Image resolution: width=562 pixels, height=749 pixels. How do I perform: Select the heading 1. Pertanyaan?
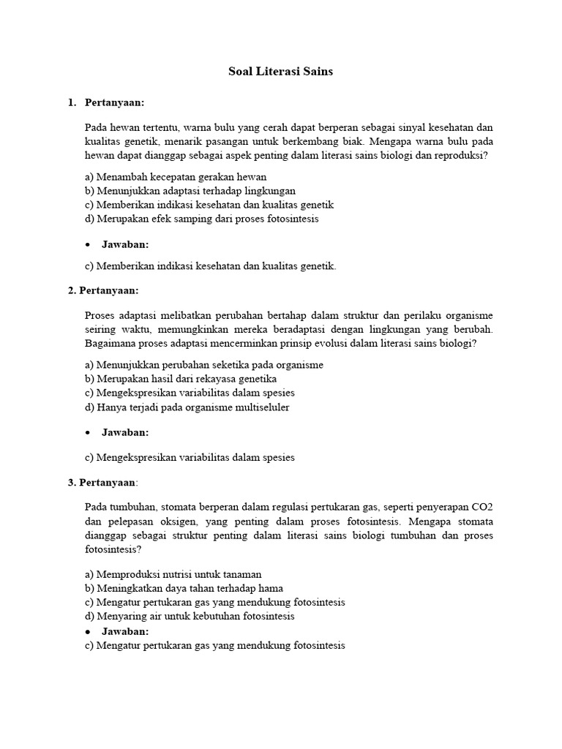(x=106, y=102)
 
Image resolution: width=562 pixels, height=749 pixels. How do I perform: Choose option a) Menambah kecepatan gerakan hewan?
(x=176, y=177)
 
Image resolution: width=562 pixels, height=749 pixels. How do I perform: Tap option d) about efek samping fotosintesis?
(x=202, y=219)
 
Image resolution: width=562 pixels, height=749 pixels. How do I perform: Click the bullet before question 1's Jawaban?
(x=88, y=244)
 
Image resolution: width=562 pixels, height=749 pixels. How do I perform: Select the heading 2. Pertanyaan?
(x=103, y=290)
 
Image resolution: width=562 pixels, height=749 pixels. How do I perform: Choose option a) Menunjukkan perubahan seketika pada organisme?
(x=204, y=365)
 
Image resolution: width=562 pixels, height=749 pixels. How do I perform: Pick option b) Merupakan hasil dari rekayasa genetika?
(x=181, y=379)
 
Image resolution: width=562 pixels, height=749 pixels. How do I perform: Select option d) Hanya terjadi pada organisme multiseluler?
(x=187, y=407)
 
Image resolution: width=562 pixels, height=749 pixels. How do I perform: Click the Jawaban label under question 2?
(x=125, y=432)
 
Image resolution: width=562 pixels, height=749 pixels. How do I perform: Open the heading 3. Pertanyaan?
(x=103, y=482)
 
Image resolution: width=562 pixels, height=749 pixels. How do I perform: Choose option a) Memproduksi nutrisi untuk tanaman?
(x=173, y=574)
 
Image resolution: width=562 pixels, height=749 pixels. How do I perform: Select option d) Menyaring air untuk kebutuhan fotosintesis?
(x=190, y=616)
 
